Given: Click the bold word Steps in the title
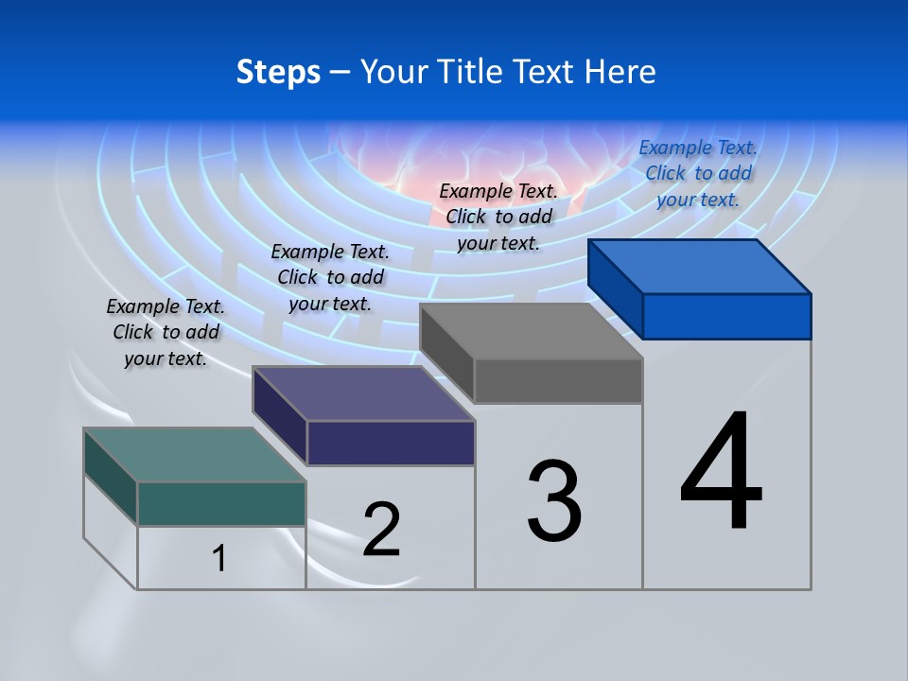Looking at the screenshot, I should [x=278, y=72].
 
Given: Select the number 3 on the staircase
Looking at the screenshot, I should [x=554, y=501].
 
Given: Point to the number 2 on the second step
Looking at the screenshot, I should [x=382, y=529].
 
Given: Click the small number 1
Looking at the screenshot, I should [x=219, y=558].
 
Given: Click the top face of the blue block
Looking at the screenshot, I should [x=700, y=266].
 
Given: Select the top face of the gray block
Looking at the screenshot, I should [x=532, y=331].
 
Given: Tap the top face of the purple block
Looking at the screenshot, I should [x=364, y=393].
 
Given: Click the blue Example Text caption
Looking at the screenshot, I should [x=698, y=173].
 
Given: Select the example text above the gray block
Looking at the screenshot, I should [x=498, y=217].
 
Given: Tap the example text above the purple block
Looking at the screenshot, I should [x=330, y=277].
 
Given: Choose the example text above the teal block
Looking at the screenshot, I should [x=166, y=332].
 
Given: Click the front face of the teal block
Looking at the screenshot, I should [x=221, y=503].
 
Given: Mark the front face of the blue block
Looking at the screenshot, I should [x=726, y=316].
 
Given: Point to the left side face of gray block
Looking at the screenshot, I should [x=446, y=352].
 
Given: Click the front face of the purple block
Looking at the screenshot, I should [x=391, y=443].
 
